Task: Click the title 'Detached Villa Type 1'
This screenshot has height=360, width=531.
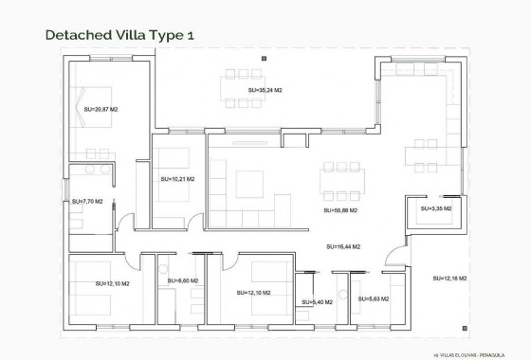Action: pos(119,35)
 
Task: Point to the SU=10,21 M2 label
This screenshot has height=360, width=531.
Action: pos(177,178)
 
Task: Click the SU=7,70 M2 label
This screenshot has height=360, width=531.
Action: pos(87,201)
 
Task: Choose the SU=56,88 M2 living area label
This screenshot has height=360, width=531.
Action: pos(340,210)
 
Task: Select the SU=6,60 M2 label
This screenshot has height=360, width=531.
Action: pos(182,280)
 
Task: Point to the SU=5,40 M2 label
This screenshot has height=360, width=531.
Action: pos(316,302)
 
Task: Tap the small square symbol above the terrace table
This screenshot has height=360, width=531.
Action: pos(264,58)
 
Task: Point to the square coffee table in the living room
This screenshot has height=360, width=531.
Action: pos(250,179)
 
